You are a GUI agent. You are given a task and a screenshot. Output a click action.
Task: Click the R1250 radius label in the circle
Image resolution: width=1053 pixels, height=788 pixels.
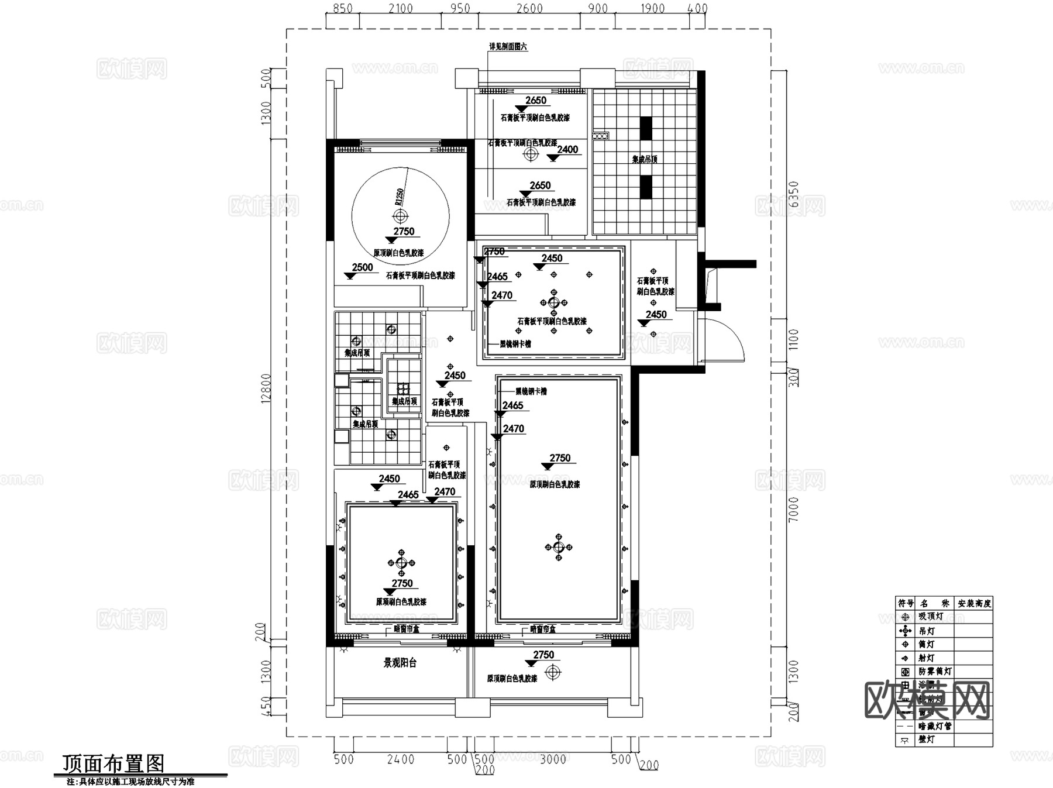pyautogui.click(x=400, y=195)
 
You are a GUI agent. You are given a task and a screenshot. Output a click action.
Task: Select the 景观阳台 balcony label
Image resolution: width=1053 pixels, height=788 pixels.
pyautogui.click(x=400, y=663)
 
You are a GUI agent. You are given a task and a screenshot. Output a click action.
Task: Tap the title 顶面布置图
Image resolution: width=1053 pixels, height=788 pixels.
pyautogui.click(x=113, y=763)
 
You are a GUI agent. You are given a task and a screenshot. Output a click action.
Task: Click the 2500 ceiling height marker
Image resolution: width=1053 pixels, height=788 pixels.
pyautogui.click(x=362, y=267)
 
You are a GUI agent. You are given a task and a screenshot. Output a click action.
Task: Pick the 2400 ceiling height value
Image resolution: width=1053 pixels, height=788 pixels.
pyautogui.click(x=567, y=150)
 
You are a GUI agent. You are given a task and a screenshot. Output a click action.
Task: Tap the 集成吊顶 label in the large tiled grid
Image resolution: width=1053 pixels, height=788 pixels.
pyautogui.click(x=645, y=159)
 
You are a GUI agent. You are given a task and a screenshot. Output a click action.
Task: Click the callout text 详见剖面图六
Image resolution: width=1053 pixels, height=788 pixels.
pyautogui.click(x=508, y=47)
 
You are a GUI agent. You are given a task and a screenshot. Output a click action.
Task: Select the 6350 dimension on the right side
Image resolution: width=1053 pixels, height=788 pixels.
pyautogui.click(x=794, y=194)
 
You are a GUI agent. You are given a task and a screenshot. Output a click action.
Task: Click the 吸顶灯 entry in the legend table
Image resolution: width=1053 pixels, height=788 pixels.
pyautogui.click(x=931, y=617)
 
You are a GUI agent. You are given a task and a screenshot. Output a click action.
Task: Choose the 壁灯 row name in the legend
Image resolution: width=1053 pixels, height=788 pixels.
pyautogui.click(x=927, y=739)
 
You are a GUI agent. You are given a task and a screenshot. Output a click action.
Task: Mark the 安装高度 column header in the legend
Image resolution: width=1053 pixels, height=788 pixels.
pyautogui.click(x=974, y=603)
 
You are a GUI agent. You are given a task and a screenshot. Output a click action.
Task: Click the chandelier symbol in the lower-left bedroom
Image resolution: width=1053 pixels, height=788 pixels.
pyautogui.click(x=401, y=563)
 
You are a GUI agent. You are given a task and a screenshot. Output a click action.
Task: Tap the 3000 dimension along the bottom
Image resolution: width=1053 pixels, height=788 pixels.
pyautogui.click(x=552, y=759)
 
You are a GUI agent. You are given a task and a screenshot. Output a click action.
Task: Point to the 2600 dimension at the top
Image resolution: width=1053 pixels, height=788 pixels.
pyautogui.click(x=529, y=9)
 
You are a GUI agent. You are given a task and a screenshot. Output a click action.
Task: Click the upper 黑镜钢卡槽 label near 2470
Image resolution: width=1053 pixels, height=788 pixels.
pyautogui.click(x=515, y=344)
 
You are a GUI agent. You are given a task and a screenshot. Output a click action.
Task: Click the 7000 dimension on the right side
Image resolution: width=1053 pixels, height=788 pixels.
pyautogui.click(x=794, y=509)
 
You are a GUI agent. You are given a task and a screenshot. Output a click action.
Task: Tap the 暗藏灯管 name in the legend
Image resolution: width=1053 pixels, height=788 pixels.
pyautogui.click(x=935, y=726)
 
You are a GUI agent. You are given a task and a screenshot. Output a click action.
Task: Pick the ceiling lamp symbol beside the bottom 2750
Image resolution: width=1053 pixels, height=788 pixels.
pyautogui.click(x=553, y=672)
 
